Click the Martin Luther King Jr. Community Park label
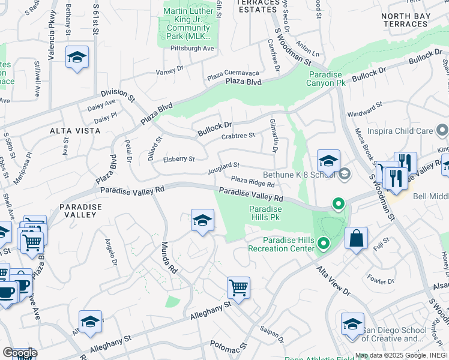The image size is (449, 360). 189,23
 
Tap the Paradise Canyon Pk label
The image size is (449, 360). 326,79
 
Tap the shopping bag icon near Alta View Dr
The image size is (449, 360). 356,238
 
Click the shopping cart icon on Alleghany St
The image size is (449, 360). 238,288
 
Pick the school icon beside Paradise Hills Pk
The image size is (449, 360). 202,220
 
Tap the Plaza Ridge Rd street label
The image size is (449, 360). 253,181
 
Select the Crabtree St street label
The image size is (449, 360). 238,136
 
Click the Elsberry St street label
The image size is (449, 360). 179,160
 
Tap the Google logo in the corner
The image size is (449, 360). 20,353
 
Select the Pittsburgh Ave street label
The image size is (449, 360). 192,48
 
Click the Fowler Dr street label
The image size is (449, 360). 380,279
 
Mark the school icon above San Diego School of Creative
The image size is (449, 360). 352,324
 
